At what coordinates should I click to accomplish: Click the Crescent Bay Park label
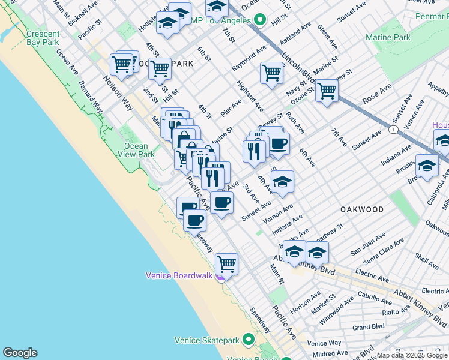pos(43,38)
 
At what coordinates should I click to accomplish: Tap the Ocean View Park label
pos(136,150)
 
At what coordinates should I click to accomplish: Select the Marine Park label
pos(388,37)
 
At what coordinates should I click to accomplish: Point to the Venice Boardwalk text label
pos(179,275)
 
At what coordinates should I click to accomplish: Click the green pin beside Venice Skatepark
pos(249,340)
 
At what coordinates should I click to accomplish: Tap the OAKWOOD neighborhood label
pos(361,209)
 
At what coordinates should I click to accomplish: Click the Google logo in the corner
pos(20,353)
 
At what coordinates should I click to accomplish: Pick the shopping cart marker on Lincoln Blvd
pos(327,91)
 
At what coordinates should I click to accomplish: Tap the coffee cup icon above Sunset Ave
pos(221,202)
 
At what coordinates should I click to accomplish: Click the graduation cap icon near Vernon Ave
pos(282,181)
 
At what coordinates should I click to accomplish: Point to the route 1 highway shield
pos(393,130)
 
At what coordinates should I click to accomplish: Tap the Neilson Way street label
pos(118,93)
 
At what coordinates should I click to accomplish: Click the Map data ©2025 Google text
pos(412,355)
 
